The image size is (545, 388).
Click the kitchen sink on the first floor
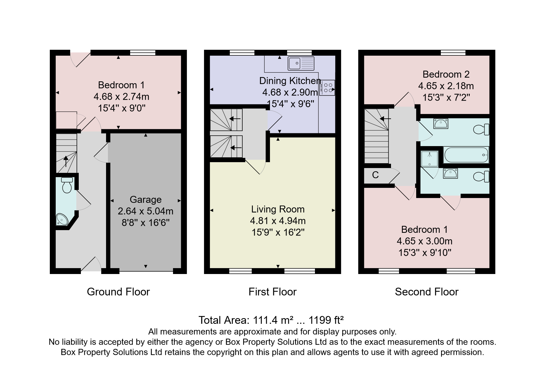pos(301,63)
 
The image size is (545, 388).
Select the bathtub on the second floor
pos(466,155)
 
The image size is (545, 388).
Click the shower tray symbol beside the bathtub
pos(430,159)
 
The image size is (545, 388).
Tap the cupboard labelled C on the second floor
pos(375,175)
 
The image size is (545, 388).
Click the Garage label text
pos(145,200)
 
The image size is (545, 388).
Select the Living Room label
pos(278,209)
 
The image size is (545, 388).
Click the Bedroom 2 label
pos(446,74)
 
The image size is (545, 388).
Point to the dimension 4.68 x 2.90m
pos(290,92)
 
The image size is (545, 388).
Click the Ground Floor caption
pos(118,292)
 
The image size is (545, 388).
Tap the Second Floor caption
pos(426,292)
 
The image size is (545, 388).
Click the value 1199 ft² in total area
pos(326,320)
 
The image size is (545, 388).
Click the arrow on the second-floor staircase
pos(385,119)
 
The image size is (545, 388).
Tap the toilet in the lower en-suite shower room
pos(482,177)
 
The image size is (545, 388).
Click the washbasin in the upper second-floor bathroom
pos(441,124)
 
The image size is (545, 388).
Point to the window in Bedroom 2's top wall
pos(453,53)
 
